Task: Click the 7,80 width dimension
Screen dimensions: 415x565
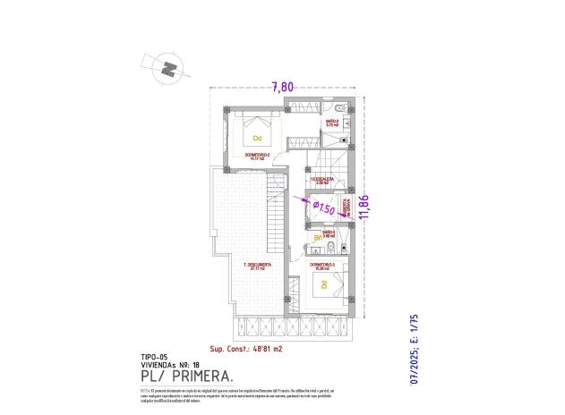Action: click(282, 87)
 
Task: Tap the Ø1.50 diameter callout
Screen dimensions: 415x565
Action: click(325, 208)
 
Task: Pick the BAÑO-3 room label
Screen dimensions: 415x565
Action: click(329, 233)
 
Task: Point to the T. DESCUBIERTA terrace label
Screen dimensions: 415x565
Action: click(256, 266)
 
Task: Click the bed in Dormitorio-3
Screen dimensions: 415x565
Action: click(324, 287)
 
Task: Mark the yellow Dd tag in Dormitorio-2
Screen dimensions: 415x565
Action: click(256, 138)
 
